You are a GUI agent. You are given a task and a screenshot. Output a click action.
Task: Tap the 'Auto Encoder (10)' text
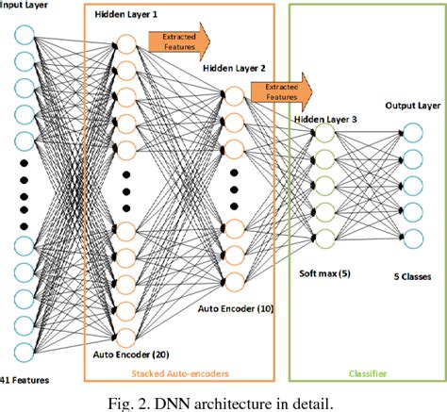[x=236, y=308]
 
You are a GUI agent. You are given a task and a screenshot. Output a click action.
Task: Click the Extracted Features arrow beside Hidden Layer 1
[x=179, y=41]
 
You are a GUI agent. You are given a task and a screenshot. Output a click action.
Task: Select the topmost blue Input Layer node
[x=25, y=39]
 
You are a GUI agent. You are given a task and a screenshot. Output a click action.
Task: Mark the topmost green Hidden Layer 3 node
[x=324, y=134]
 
